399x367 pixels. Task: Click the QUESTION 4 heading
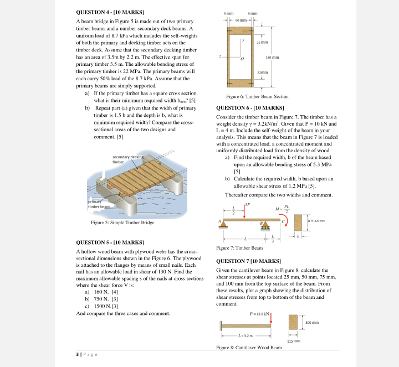click(x=110, y=11)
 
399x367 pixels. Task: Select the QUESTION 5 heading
click(x=110, y=242)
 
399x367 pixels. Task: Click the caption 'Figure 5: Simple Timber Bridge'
click(x=122, y=223)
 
